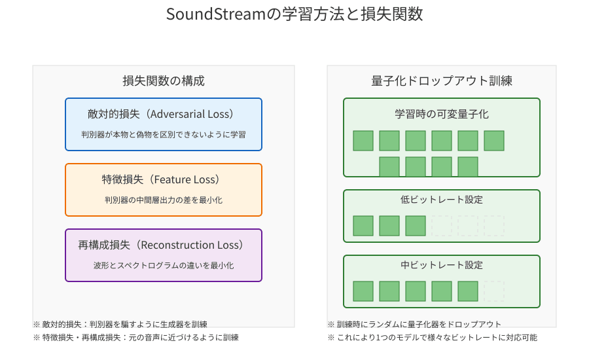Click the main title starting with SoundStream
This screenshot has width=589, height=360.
click(294, 14)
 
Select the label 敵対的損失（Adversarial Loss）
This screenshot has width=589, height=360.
click(164, 114)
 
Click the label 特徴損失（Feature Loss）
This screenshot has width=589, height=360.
click(164, 179)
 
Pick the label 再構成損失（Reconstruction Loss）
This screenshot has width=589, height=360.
click(164, 245)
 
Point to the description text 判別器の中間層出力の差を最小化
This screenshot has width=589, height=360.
click(164, 200)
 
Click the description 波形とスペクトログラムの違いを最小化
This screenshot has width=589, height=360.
click(164, 265)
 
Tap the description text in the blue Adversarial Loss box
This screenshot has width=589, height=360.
click(164, 134)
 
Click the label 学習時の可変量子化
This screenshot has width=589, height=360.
click(442, 114)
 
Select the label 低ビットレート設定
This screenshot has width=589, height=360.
click(442, 200)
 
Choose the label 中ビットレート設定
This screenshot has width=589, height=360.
click(442, 265)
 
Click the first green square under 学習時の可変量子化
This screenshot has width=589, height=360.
click(363, 141)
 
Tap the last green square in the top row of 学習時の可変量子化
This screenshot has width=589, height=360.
click(494, 141)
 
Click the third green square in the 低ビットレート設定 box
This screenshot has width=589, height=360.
click(416, 226)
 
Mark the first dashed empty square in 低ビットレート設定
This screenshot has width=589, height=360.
click(442, 226)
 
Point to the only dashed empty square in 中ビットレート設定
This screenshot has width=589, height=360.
click(494, 291)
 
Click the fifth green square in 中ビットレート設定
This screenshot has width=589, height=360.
click(468, 291)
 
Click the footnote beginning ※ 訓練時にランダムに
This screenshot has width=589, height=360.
click(415, 324)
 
